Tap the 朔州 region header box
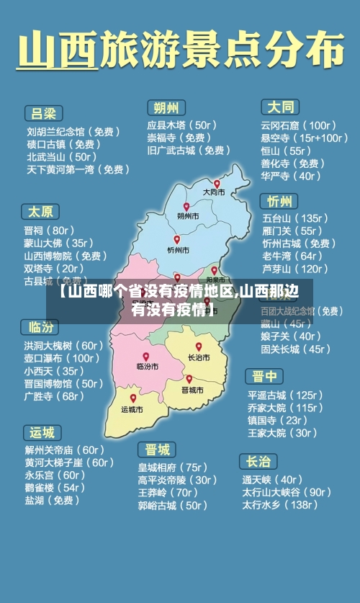click(x=166, y=107)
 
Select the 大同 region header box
click(x=280, y=107)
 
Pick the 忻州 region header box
click(x=279, y=200)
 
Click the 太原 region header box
click(x=40, y=212)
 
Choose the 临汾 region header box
click(x=40, y=327)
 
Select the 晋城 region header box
click(x=157, y=450)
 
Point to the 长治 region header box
click(x=258, y=461)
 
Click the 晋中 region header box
click(x=264, y=377)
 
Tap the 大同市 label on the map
click(x=213, y=192)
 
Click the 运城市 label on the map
click(x=132, y=409)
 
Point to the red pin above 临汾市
click(x=145, y=357)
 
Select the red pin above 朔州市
click(x=186, y=207)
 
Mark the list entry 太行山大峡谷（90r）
click(x=286, y=492)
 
